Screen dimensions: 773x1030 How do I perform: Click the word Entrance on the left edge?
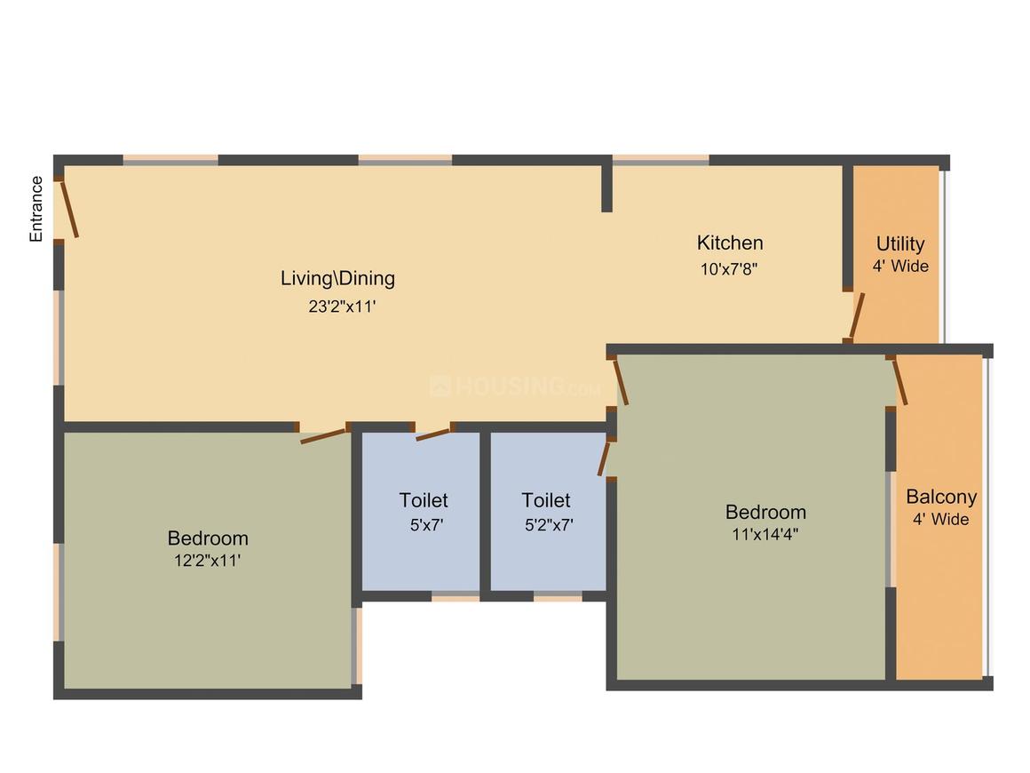[x=36, y=209]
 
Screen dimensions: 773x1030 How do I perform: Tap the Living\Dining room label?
[x=337, y=278]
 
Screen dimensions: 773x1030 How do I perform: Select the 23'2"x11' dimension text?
[x=337, y=307]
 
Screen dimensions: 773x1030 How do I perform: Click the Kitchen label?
[x=729, y=243]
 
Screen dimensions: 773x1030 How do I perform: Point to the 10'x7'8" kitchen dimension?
[x=729, y=267]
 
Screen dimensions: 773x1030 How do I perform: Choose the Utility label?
[x=899, y=243]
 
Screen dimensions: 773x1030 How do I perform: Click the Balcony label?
[x=940, y=497]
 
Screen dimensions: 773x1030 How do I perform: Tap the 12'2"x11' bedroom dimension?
[x=208, y=561]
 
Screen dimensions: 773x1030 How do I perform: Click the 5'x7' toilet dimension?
[x=425, y=524]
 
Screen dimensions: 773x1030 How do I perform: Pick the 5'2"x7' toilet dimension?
[x=548, y=524]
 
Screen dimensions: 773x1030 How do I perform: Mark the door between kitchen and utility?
[x=856, y=316]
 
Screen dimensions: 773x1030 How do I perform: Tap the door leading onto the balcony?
[x=899, y=381]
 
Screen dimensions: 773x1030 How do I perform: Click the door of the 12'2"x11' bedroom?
[x=323, y=434]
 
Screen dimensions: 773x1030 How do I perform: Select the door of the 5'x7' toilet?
[x=433, y=434]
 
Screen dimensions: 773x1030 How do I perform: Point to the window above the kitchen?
[x=660, y=161]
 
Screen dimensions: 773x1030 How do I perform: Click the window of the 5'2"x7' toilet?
[x=558, y=597]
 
